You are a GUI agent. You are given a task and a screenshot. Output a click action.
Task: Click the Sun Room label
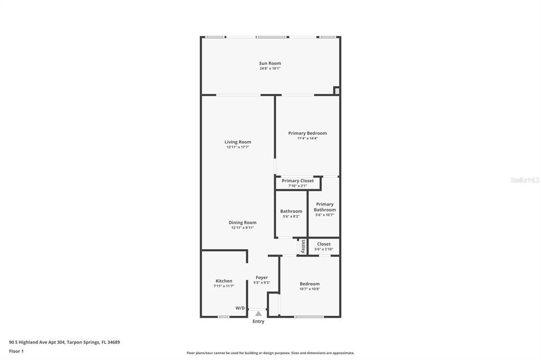(270, 63)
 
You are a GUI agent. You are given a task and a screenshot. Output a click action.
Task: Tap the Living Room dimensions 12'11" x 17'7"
(238, 147)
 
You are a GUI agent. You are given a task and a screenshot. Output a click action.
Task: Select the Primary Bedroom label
(307, 133)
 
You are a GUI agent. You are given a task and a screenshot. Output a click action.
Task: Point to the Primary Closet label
(297, 181)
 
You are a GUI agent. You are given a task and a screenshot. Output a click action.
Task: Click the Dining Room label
(242, 223)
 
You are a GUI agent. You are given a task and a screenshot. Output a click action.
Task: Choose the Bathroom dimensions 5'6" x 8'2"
(291, 216)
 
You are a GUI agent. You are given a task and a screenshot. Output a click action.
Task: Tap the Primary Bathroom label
(324, 207)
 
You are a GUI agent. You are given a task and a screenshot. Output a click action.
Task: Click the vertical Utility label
(303, 247)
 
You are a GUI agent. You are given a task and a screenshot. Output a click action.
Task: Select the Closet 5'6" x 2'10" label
(324, 247)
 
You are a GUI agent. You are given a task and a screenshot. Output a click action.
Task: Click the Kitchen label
(224, 281)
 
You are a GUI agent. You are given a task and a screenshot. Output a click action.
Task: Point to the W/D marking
(240, 308)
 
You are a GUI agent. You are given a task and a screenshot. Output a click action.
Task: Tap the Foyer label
(262, 277)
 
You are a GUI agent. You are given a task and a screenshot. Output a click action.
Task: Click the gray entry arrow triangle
(258, 314)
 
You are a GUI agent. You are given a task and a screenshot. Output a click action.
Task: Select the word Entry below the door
(258, 321)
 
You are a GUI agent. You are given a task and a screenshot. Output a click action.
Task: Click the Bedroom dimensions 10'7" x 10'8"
(310, 289)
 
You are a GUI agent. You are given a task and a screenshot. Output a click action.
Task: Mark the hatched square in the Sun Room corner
(337, 91)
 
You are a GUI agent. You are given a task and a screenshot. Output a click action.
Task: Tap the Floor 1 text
(16, 351)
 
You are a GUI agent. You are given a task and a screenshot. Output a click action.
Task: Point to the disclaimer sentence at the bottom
(270, 353)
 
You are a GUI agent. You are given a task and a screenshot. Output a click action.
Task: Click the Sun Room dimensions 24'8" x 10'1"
(270, 69)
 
